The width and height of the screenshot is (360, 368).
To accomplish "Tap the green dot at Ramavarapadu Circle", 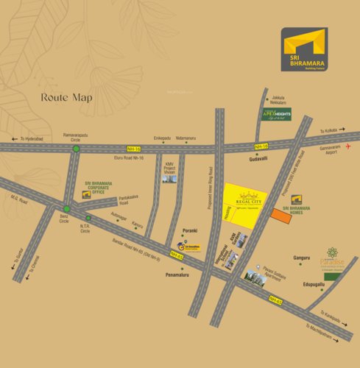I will click(75, 149).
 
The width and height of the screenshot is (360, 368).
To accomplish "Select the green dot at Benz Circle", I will click(66, 208).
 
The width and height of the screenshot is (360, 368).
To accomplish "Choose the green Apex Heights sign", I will click(278, 114).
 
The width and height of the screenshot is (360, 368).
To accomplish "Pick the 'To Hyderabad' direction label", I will click(32, 138).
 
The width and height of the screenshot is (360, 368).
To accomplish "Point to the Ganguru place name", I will click(302, 258).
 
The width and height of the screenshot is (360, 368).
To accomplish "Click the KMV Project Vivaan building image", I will click(170, 177).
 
